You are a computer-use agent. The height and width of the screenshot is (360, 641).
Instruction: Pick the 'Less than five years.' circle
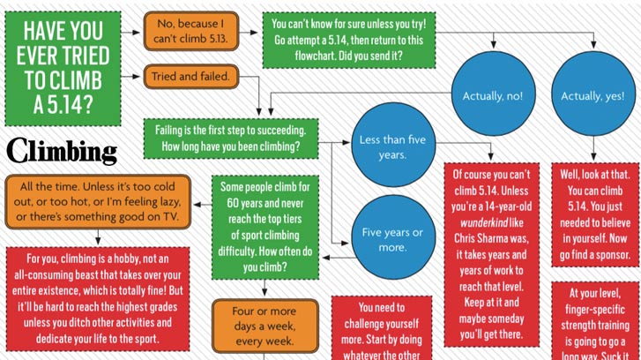click(393, 146)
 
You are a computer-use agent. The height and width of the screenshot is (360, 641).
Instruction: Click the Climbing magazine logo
click(62, 151)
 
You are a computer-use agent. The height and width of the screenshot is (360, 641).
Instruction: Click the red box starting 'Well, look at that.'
click(593, 214)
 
